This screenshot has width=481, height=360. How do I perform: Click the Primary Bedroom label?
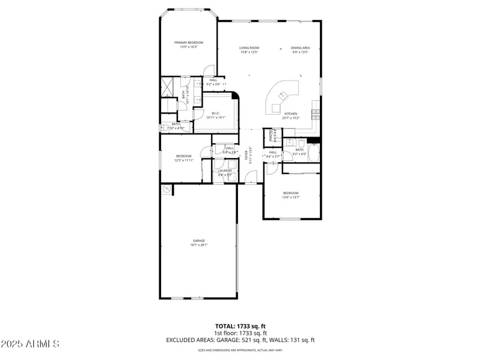tap(189, 43)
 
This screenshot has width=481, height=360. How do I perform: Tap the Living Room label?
tap(249, 48)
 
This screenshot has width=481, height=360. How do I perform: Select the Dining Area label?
tap(300, 48)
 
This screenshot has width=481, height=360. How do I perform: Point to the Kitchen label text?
tap(291, 114)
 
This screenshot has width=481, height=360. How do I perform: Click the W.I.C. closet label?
tap(215, 114)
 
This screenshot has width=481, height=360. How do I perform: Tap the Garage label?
tap(199, 240)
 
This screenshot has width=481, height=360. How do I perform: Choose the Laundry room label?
tap(225, 171)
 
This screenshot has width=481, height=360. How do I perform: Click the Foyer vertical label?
tap(246, 154)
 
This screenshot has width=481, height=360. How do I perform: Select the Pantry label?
tap(272, 136)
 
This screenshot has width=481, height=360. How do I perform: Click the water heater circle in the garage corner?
tap(166, 189)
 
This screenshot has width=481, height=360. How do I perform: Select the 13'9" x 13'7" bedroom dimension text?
tap(291, 197)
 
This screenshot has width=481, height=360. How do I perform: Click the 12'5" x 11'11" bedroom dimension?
tap(184, 160)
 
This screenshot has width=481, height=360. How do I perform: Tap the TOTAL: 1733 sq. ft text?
tap(240, 326)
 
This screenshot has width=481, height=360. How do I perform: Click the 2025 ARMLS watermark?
tap(30, 344)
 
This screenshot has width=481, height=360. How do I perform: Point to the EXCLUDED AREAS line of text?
tap(240, 340)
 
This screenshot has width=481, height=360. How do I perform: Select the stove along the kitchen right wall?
tap(315, 114)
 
